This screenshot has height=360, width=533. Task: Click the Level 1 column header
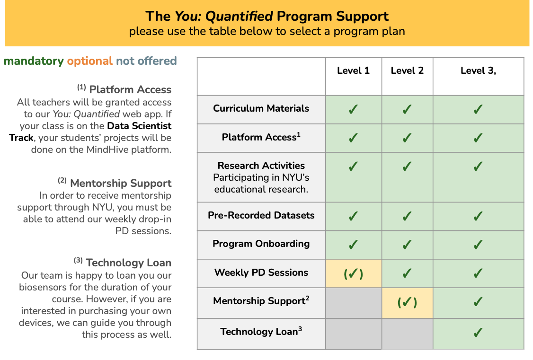[x=353, y=70]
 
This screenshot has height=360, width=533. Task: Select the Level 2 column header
[x=407, y=70]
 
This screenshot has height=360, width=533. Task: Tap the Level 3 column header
[x=478, y=70]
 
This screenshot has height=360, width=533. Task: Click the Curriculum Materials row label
[x=261, y=108]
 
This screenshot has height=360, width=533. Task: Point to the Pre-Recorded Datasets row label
[x=261, y=215]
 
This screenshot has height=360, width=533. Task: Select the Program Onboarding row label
[x=261, y=244]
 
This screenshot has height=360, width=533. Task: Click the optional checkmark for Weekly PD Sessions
[x=353, y=273]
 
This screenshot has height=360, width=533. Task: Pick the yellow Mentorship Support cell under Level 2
[x=407, y=303]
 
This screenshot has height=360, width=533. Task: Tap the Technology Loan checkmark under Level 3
[x=478, y=332]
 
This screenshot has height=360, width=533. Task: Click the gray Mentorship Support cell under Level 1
[x=354, y=303]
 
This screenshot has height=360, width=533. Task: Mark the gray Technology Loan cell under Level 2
[x=407, y=334]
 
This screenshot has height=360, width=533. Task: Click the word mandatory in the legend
[x=34, y=61]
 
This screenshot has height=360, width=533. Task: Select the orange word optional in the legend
[x=90, y=61]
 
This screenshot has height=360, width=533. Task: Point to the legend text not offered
[x=147, y=61]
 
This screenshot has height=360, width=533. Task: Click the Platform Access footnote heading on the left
[x=130, y=90]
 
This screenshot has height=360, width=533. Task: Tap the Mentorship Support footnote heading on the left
[x=121, y=184]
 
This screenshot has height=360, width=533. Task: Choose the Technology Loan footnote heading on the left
[x=128, y=263]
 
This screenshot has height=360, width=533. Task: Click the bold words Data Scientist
[x=139, y=126]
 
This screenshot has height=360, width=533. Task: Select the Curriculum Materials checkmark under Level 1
[x=353, y=109]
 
